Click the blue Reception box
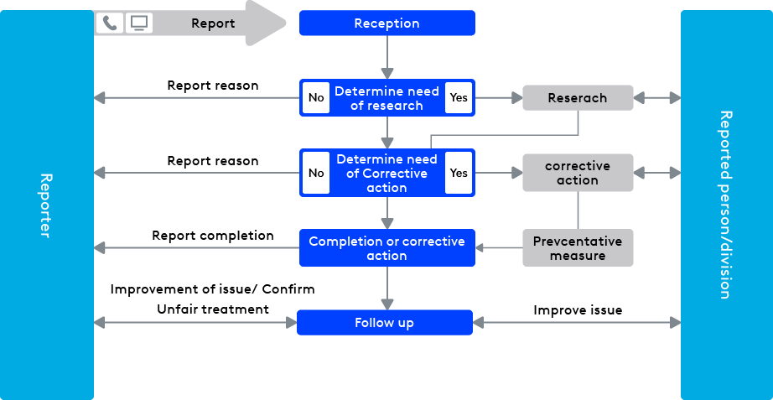pyautogui.click(x=386, y=23)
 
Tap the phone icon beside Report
pyautogui.click(x=109, y=23)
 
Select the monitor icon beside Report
pyautogui.click(x=139, y=23)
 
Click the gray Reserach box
pyautogui.click(x=578, y=98)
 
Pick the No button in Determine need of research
pyautogui.click(x=316, y=98)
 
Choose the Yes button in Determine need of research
pyautogui.click(x=459, y=98)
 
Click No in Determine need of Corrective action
pyautogui.click(x=316, y=173)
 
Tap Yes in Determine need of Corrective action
pyautogui.click(x=459, y=173)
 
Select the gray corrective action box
pyautogui.click(x=578, y=173)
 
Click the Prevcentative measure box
pyautogui.click(x=578, y=248)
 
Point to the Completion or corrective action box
pyautogui.click(x=386, y=248)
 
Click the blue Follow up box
pyautogui.click(x=385, y=323)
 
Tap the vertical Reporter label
pyautogui.click(x=46, y=205)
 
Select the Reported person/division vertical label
pyautogui.click(x=725, y=205)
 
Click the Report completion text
pyautogui.click(x=213, y=236)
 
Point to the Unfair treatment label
pyautogui.click(x=213, y=309)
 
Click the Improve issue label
pyautogui.click(x=578, y=310)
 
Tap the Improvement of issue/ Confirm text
pyautogui.click(x=213, y=289)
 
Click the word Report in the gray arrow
pyautogui.click(x=213, y=23)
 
